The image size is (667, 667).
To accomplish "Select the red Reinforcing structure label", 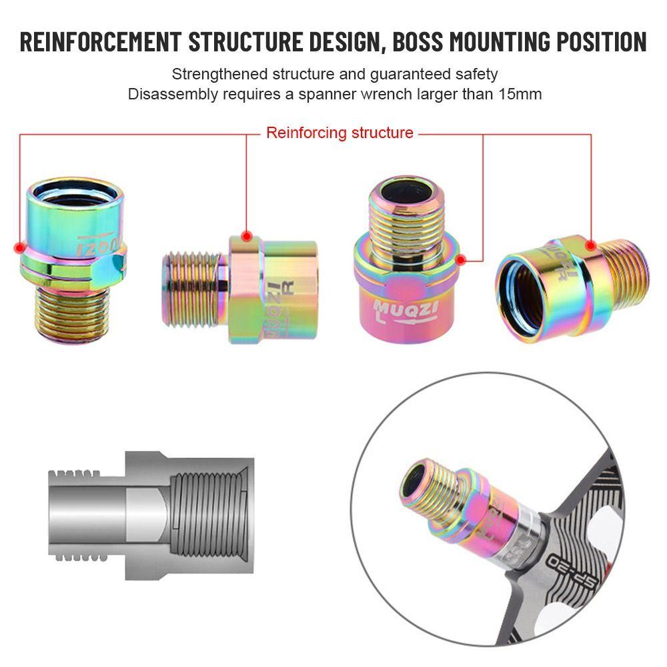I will click(340, 133).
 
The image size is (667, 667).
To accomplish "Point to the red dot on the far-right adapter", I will click(591, 245).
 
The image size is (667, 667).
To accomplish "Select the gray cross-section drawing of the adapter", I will click(150, 514).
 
